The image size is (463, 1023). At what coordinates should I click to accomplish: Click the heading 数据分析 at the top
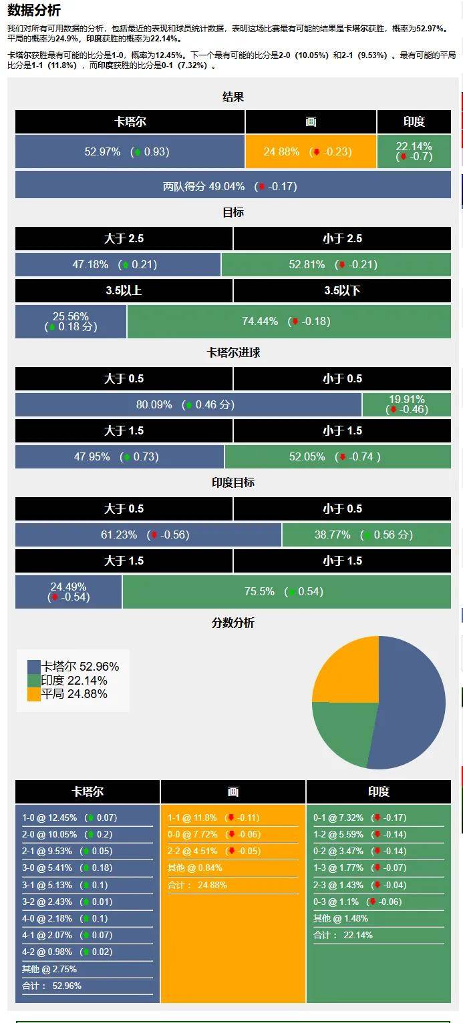coord(33,10)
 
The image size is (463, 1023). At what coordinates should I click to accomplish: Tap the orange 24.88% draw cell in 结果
coord(310,151)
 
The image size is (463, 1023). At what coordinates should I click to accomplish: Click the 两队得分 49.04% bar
coord(233,186)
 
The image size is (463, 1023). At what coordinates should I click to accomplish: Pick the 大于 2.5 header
coord(124,238)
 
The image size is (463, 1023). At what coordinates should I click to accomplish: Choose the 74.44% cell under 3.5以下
coord(289,321)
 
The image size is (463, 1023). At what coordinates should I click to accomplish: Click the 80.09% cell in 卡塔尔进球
coord(188,404)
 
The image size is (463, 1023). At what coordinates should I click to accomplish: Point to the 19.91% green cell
coord(406,404)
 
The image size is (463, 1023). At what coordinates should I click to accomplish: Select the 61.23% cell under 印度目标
coord(148,535)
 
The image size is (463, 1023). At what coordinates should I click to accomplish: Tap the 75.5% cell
coord(286,591)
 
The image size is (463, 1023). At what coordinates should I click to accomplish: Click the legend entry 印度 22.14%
coord(73,681)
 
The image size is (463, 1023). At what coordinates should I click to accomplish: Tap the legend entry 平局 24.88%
coord(73,694)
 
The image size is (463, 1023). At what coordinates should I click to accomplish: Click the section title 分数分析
coord(233,623)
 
